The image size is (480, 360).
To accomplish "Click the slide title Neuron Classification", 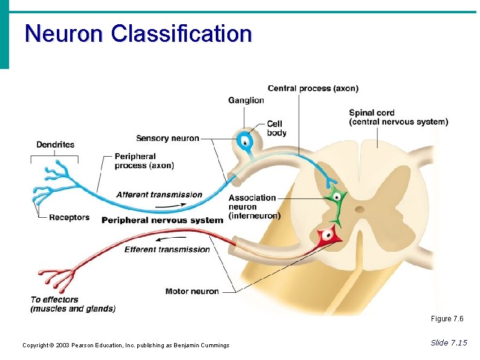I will pos(138,33).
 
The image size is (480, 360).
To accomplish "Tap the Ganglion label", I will pos(246,100).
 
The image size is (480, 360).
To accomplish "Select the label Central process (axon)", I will pos(313,88).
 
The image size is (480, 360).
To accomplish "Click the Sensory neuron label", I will pos(167,139).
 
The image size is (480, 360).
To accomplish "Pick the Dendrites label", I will pos(56,145).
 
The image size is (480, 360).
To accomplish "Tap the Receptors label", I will pos(69,217).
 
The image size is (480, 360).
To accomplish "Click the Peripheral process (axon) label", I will pos(144,161).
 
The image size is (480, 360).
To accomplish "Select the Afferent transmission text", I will pos(159,195).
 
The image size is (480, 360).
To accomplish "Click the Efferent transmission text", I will pos(167,249).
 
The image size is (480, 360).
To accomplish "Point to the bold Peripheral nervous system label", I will pos(162,220).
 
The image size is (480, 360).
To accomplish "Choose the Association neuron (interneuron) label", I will pos(254,206).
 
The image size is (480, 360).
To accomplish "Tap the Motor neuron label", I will pos(192,292).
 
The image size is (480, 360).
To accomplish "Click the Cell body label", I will pos(276,128).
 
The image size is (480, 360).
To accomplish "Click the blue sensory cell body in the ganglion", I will pos(245,143).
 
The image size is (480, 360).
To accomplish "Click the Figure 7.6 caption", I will pos(447,319).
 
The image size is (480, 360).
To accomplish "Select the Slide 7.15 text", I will pos(449,343).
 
